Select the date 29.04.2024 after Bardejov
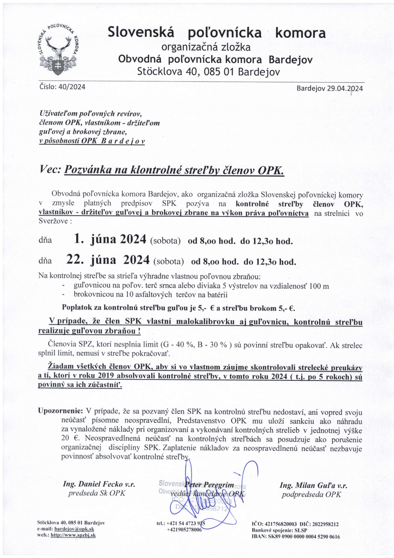tap(345, 88)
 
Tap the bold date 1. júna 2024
tap(110, 239)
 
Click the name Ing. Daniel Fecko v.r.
tap(99, 484)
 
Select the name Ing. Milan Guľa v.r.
tap(313, 485)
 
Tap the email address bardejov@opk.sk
tap(74, 529)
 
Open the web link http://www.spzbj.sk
tap(73, 535)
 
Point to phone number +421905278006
tap(184, 530)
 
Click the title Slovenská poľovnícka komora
tap(217, 33)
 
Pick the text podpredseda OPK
tap(311, 494)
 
